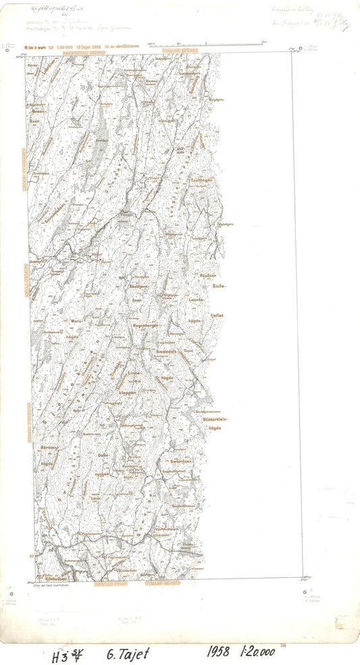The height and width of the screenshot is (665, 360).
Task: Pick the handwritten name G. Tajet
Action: click(x=128, y=653)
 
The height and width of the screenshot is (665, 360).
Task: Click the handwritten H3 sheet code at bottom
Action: click(x=66, y=656)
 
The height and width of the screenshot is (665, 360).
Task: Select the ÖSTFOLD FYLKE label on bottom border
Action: click(x=107, y=583)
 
